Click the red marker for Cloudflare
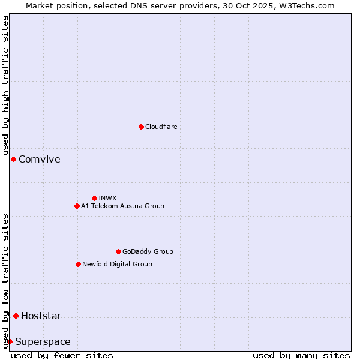point(141,127)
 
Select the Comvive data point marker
point(13,159)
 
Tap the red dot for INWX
point(94,198)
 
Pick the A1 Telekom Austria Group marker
point(77,206)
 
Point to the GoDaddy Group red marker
point(118,251)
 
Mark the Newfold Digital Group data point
point(78,264)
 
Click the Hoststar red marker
point(16,316)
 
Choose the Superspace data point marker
point(10,341)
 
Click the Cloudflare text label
point(161,127)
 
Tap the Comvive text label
point(39,159)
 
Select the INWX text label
point(107,198)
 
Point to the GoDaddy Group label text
point(147,251)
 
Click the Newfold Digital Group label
point(117,264)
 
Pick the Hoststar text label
point(41,316)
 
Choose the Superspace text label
point(43,342)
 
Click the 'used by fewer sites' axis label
point(62,355)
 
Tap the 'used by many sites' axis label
point(301,355)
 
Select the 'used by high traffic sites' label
point(6,86)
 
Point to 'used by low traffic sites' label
point(6,281)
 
